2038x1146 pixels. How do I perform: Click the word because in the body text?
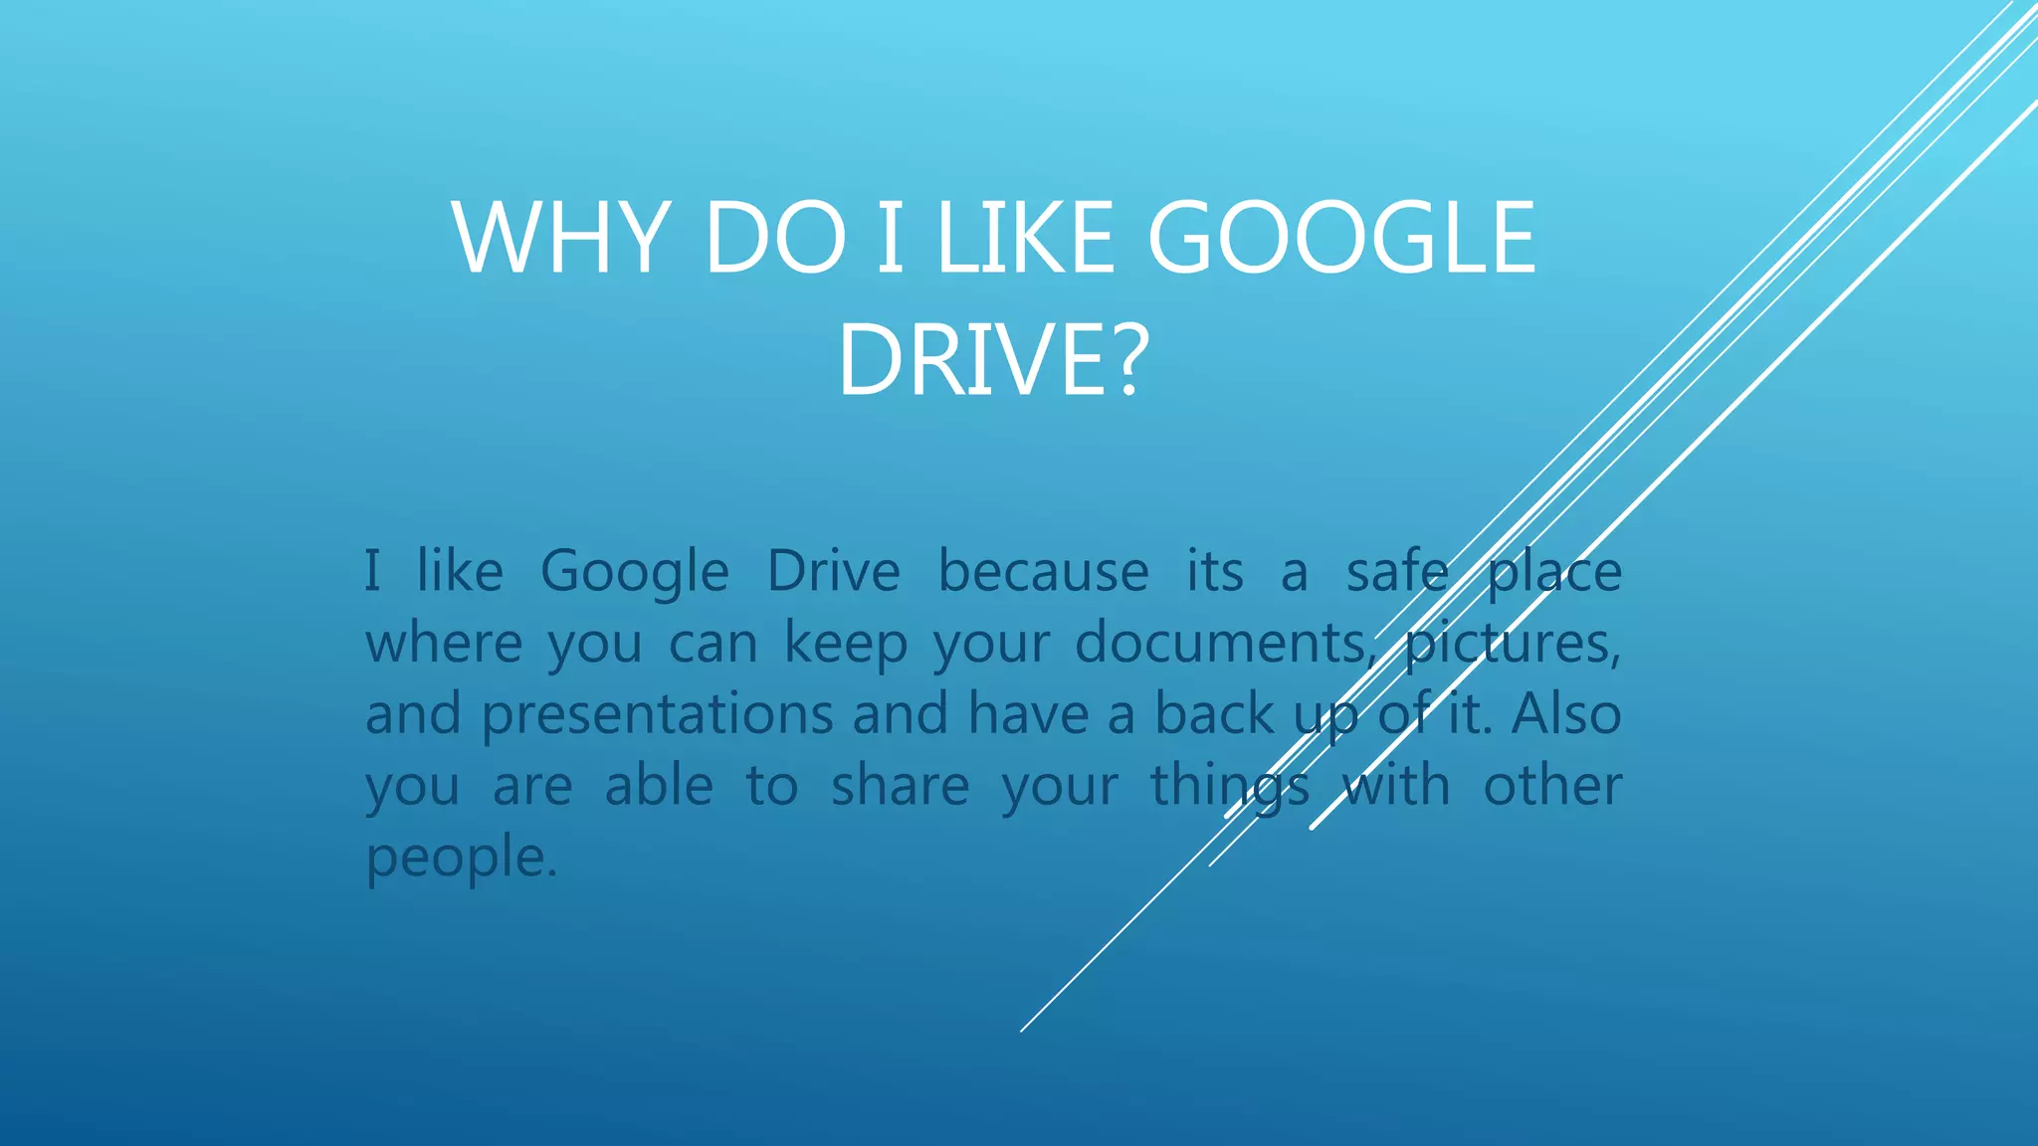[1043, 572]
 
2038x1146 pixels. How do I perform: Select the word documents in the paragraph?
[1222, 644]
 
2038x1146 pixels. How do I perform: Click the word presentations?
[658, 715]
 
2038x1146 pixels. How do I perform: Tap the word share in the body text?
[900, 787]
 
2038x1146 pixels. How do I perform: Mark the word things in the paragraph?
[1230, 787]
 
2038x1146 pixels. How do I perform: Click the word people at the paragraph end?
[461, 859]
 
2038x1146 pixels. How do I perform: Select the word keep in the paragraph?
[846, 644]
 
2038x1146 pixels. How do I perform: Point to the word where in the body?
[444, 644]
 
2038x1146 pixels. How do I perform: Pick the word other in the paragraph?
[1552, 787]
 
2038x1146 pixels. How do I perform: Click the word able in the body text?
[659, 787]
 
